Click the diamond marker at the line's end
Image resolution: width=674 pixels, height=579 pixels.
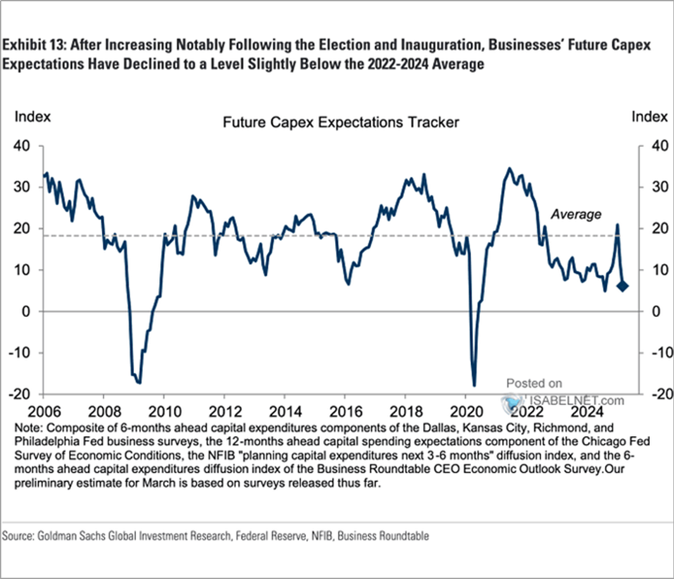622,287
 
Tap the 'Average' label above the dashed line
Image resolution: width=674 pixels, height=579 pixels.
576,215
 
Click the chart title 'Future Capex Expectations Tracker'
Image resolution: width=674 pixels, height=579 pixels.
340,123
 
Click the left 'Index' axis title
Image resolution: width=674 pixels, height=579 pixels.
32,116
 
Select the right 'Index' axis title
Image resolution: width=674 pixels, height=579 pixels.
650,116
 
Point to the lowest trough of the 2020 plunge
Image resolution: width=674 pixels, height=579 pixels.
474,385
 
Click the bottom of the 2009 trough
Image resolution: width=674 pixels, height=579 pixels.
138,382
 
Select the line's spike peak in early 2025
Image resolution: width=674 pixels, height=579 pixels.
617,225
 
